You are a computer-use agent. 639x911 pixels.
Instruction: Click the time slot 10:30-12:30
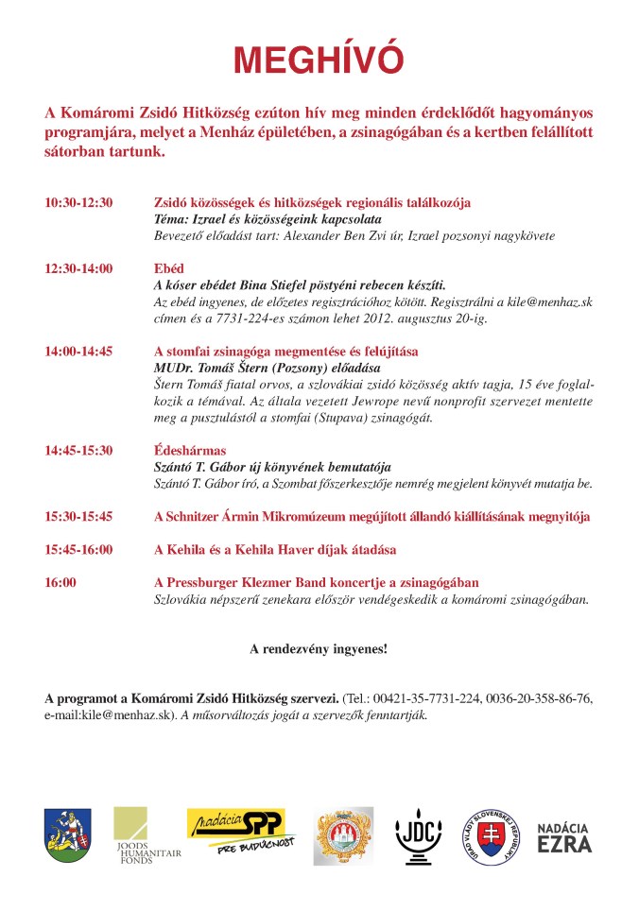(78, 203)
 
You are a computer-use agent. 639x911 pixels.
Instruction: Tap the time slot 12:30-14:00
(78, 269)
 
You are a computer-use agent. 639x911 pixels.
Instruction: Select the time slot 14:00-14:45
(78, 352)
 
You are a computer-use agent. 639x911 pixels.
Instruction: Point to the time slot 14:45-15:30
(78, 451)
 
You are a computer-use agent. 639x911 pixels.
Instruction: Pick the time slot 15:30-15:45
(78, 517)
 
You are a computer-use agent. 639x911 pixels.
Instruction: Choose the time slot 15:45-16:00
(78, 550)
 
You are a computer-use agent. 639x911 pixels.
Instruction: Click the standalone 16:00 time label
(60, 583)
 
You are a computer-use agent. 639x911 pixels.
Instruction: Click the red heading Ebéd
(169, 269)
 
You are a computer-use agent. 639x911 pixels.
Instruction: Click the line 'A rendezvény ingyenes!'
(319, 649)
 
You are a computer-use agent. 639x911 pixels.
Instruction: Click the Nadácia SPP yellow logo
(241, 831)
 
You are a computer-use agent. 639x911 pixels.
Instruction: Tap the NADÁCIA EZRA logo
(564, 835)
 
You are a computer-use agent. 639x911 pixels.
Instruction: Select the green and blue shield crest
(66, 835)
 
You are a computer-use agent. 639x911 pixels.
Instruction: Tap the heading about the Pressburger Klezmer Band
(316, 583)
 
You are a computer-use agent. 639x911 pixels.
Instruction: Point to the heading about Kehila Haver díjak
(275, 550)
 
